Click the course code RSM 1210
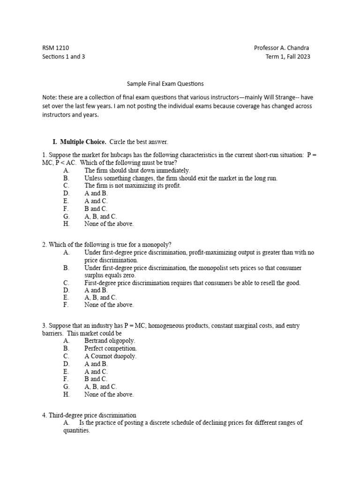[55, 48]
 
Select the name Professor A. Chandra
[281, 48]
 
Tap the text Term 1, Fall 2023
[287, 57]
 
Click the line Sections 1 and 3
[63, 57]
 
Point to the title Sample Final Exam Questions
[165, 84]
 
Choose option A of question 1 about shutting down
[137, 171]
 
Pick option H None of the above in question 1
[109, 224]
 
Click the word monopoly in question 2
[157, 245]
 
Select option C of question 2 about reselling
[192, 283]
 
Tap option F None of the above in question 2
[109, 305]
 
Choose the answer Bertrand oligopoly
[109, 341]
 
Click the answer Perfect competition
[111, 349]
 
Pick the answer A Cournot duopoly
[110, 356]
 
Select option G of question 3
[100, 387]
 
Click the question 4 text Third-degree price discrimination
[92, 415]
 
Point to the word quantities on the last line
[76, 430]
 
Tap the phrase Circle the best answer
[138, 142]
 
